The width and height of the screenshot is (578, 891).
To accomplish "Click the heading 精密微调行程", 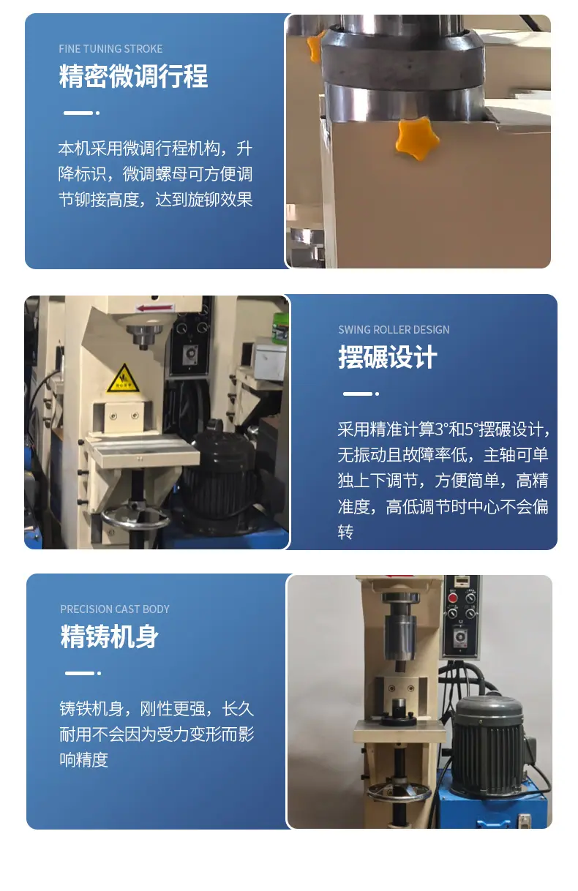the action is click(133, 76).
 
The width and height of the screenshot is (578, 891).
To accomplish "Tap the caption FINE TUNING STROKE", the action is click(110, 49).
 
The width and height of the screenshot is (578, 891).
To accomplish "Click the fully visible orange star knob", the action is click(417, 138).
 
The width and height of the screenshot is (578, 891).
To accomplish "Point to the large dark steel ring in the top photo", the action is click(402, 60).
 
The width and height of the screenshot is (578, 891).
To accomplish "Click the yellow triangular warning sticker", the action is click(124, 378).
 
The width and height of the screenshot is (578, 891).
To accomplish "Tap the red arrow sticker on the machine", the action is click(155, 308).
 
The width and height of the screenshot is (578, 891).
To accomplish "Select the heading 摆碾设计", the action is click(388, 357).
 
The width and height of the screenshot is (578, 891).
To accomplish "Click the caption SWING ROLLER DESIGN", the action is click(394, 330).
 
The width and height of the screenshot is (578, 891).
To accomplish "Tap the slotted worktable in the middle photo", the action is click(142, 451).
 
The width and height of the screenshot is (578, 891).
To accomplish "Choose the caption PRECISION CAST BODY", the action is click(115, 609).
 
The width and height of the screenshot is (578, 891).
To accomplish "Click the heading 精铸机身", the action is click(110, 636).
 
